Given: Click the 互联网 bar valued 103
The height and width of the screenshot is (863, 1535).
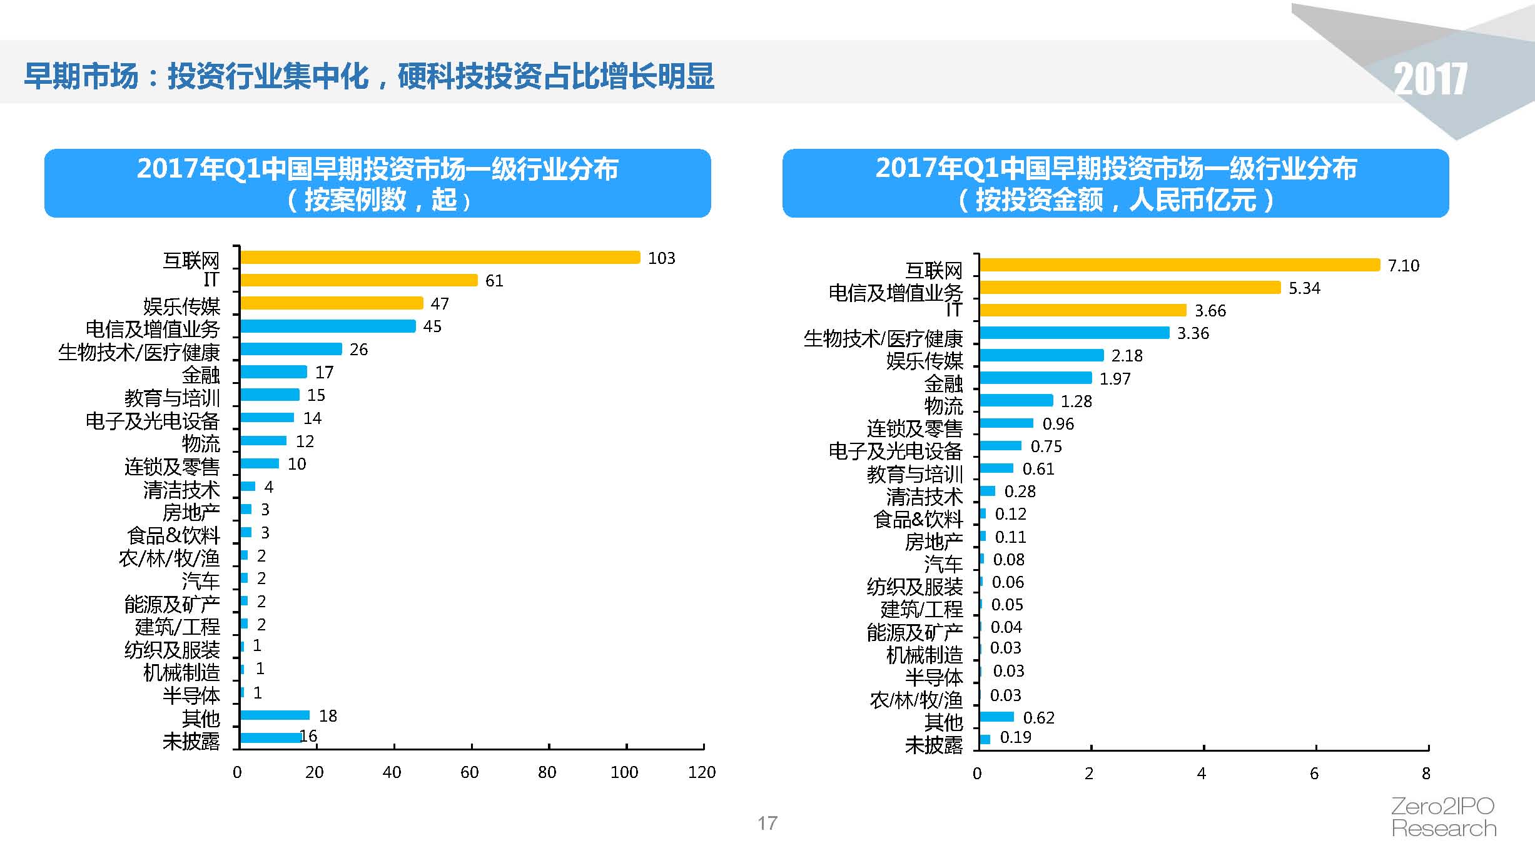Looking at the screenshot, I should click(x=440, y=257).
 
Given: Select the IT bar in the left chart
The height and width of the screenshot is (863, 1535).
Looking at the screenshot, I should click(x=358, y=280).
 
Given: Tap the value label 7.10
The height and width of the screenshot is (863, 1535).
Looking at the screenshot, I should click(x=1403, y=266).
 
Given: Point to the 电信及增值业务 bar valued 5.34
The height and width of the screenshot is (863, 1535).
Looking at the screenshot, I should click(x=1130, y=287).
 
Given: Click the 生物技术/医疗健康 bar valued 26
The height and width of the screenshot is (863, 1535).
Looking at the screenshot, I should click(x=291, y=349).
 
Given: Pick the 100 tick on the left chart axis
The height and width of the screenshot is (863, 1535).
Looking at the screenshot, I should click(x=624, y=772).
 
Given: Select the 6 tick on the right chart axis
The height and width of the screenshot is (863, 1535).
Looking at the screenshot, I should click(x=1314, y=774).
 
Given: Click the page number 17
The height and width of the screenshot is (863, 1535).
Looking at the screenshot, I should click(x=767, y=823).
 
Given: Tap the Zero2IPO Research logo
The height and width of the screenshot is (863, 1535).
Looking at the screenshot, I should click(x=1443, y=817).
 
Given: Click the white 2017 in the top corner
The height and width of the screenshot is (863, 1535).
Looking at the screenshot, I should click(x=1430, y=79).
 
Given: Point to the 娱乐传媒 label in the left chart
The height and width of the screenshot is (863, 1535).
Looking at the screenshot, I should click(x=181, y=306).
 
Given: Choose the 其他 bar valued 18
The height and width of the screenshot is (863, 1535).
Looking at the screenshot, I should click(x=275, y=715).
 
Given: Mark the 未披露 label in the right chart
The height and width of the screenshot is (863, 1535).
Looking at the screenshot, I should click(x=933, y=745).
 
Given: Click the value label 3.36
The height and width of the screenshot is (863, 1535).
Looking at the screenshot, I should click(x=1193, y=333).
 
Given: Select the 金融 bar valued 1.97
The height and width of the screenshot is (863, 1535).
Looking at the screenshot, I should click(x=1035, y=378).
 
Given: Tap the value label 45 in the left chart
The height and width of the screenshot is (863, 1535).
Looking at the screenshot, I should click(x=432, y=326).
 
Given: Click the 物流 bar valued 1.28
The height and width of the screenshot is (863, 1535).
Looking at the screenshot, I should click(x=1016, y=400).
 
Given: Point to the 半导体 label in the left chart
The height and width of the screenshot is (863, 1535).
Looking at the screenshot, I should click(x=191, y=695).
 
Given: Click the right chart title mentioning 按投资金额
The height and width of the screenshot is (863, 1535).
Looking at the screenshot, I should click(x=1115, y=183).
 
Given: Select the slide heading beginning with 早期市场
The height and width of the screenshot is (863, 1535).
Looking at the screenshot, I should click(x=369, y=76).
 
